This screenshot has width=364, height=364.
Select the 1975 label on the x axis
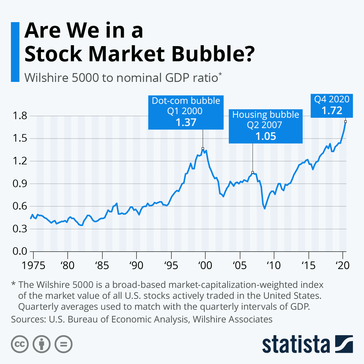pos(33,265)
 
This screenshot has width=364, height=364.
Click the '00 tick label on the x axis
pos(205,265)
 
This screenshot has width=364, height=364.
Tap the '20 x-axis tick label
pos(343,265)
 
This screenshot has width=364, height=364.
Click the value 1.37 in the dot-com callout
pos(186,122)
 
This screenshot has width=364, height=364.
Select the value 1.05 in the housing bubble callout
pos(265,136)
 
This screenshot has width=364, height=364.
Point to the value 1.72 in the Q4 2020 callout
pos(332,110)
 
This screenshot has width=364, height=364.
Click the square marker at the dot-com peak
pos(203,149)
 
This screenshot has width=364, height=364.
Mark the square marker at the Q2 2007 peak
pos(253,172)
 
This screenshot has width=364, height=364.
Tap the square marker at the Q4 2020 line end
pos(345,122)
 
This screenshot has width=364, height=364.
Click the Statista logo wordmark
pos(296,344)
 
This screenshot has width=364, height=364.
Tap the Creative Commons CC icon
pos(20,344)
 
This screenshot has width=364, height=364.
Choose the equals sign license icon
pos(63,344)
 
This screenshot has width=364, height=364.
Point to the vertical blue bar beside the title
pos(15,52)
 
